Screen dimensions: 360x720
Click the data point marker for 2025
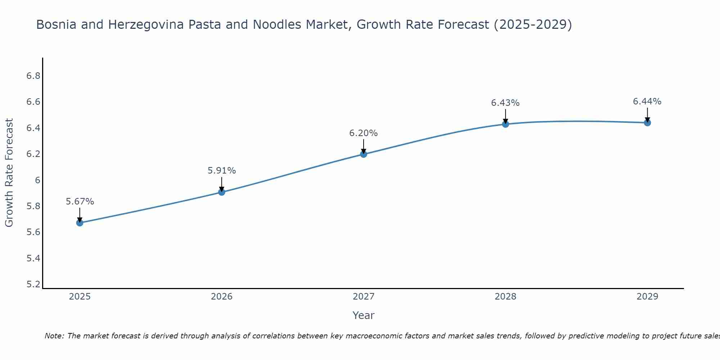pos(80,223)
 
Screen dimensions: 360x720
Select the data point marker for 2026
pos(222,192)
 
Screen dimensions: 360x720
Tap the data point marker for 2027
pos(364,154)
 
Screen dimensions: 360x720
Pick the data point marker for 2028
pos(505,124)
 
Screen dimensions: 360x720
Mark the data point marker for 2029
pos(647,123)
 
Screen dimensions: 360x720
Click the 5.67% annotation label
pos(80,202)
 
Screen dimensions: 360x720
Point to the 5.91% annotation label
pos(222,171)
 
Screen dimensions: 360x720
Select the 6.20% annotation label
pos(364,133)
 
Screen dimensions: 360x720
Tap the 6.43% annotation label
pos(505,103)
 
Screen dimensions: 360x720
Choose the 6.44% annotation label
pos(647,102)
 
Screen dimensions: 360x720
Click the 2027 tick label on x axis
pos(364,297)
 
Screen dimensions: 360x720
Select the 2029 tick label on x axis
pos(647,297)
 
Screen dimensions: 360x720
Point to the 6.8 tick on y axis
pos(33,76)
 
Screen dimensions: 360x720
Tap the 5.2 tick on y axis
pos(33,284)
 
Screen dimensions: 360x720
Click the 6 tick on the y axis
pos(37,180)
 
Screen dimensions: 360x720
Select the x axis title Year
pos(364,315)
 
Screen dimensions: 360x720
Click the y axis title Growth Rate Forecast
pos(9,173)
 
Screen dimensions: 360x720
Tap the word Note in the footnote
pos(54,336)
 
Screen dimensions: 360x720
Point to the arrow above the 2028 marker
pos(505,116)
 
